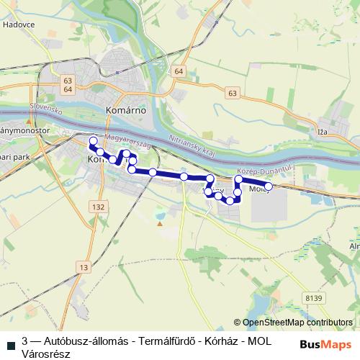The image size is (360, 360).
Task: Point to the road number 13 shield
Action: [85, 267]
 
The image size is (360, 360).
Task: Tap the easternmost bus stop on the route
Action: [269, 187]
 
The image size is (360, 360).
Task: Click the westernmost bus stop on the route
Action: [93, 141]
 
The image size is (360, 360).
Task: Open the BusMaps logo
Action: [325, 344]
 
